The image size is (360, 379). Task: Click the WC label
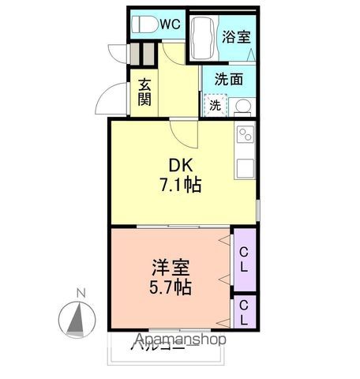171,24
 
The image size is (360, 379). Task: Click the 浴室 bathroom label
236,36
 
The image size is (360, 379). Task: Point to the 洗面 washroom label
229,79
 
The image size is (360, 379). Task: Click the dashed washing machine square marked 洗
215,104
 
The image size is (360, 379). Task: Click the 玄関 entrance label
145,92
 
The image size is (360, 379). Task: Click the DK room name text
181,167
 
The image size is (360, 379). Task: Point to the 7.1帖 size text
181,186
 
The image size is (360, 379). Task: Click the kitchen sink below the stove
245,167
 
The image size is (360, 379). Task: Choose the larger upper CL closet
245,259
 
